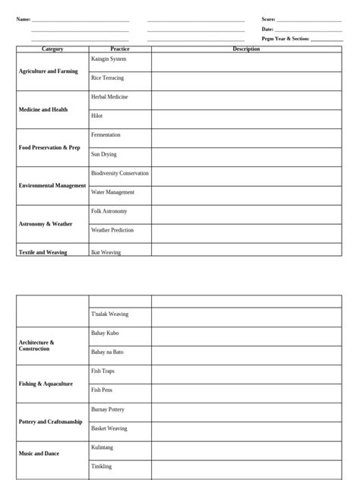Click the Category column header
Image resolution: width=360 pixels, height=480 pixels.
[52, 49]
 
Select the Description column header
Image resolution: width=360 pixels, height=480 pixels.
[246, 49]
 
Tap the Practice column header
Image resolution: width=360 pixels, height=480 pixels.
[120, 49]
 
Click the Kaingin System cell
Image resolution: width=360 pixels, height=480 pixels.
[109, 59]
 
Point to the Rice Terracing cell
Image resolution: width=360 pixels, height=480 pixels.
[107, 78]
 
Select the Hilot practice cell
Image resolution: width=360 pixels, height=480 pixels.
[97, 116]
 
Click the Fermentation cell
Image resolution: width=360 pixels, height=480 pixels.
[106, 134]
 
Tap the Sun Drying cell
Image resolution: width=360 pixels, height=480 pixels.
[104, 154]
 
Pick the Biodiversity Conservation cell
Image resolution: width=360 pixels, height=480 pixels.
[120, 173]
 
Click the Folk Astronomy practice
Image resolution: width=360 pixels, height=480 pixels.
[109, 210]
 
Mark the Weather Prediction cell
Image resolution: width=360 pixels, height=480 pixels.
[112, 229]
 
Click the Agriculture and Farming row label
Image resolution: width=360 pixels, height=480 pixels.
[49, 71]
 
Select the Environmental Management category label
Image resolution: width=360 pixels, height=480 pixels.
[52, 185]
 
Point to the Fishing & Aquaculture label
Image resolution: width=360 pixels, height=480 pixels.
[46, 384]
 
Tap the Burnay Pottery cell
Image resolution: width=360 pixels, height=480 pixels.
[108, 409]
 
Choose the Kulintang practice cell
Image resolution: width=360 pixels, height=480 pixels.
[103, 447]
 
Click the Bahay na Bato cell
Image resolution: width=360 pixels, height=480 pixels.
[107, 352]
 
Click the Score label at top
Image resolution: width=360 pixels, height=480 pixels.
[268, 19]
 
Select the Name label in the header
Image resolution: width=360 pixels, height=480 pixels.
[24, 19]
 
